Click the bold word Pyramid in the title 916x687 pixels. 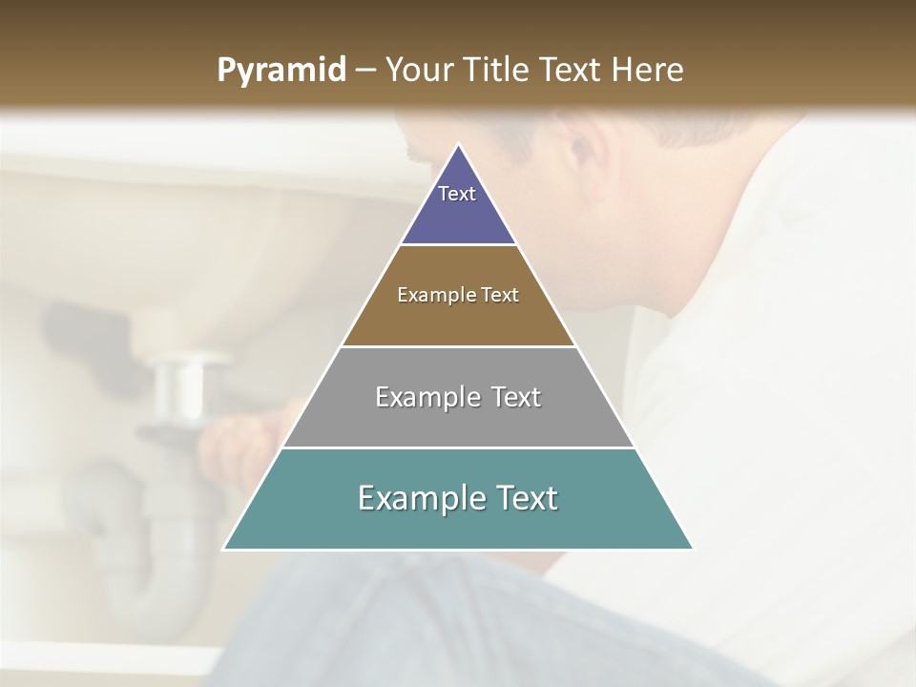(x=281, y=71)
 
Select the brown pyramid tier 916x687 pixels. (x=458, y=320)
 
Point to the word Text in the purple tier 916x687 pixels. (x=457, y=194)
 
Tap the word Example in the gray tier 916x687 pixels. (x=425, y=397)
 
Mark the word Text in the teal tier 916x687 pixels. (x=521, y=498)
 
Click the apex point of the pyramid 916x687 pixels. (x=459, y=146)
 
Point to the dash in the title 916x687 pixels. (x=365, y=71)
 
